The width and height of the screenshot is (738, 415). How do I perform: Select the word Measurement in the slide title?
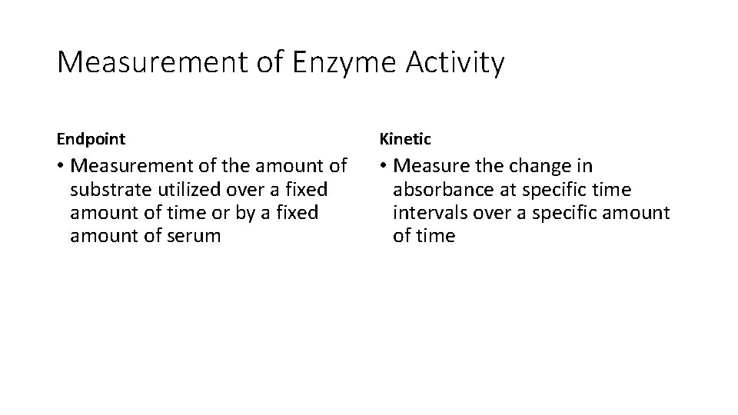(151, 62)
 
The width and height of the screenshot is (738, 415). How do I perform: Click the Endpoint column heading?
(91, 139)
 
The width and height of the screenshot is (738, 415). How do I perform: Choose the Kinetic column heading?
(405, 139)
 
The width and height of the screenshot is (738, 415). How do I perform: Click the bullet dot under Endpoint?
(61, 166)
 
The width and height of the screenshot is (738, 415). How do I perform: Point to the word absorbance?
(440, 189)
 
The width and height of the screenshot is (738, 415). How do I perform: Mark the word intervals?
(427, 212)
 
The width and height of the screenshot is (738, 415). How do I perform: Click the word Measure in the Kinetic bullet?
(434, 166)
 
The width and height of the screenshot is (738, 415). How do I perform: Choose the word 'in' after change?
(585, 166)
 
